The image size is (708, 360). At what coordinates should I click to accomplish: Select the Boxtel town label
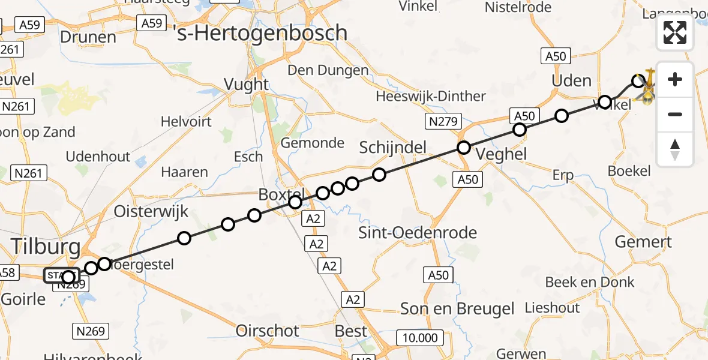click(282, 194)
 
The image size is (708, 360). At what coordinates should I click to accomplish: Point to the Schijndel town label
click(392, 147)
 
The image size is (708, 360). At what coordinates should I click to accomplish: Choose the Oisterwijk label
click(151, 211)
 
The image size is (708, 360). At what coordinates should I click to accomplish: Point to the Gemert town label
click(644, 242)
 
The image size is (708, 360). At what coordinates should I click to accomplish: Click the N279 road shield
click(443, 122)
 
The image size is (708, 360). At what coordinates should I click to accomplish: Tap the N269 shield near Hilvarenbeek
click(91, 331)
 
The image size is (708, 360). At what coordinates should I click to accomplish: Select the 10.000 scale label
click(419, 338)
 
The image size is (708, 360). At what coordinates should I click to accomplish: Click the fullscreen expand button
click(675, 32)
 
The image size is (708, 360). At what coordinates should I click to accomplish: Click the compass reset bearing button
click(675, 150)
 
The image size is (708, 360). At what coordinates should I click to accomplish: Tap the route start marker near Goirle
click(68, 277)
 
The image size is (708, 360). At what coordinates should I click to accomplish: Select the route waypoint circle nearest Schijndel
click(379, 175)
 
